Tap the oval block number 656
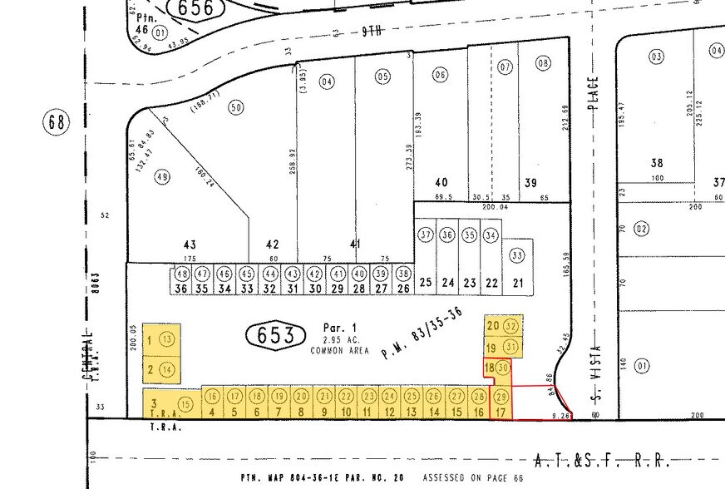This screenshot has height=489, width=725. click(196, 8)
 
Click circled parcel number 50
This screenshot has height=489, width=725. click(236, 108)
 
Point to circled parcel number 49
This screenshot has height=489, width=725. click(162, 176)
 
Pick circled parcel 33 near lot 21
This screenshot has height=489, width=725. click(517, 255)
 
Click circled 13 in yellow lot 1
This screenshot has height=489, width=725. click(168, 339)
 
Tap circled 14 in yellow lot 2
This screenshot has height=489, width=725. click(168, 369)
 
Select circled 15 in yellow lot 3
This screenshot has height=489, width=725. click(185, 404)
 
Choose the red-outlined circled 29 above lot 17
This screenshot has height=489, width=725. click(501, 396)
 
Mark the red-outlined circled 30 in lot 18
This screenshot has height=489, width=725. click(503, 368)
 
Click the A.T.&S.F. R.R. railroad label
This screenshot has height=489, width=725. click(601, 459)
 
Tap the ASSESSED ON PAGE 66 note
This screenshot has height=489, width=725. click(473, 479)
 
